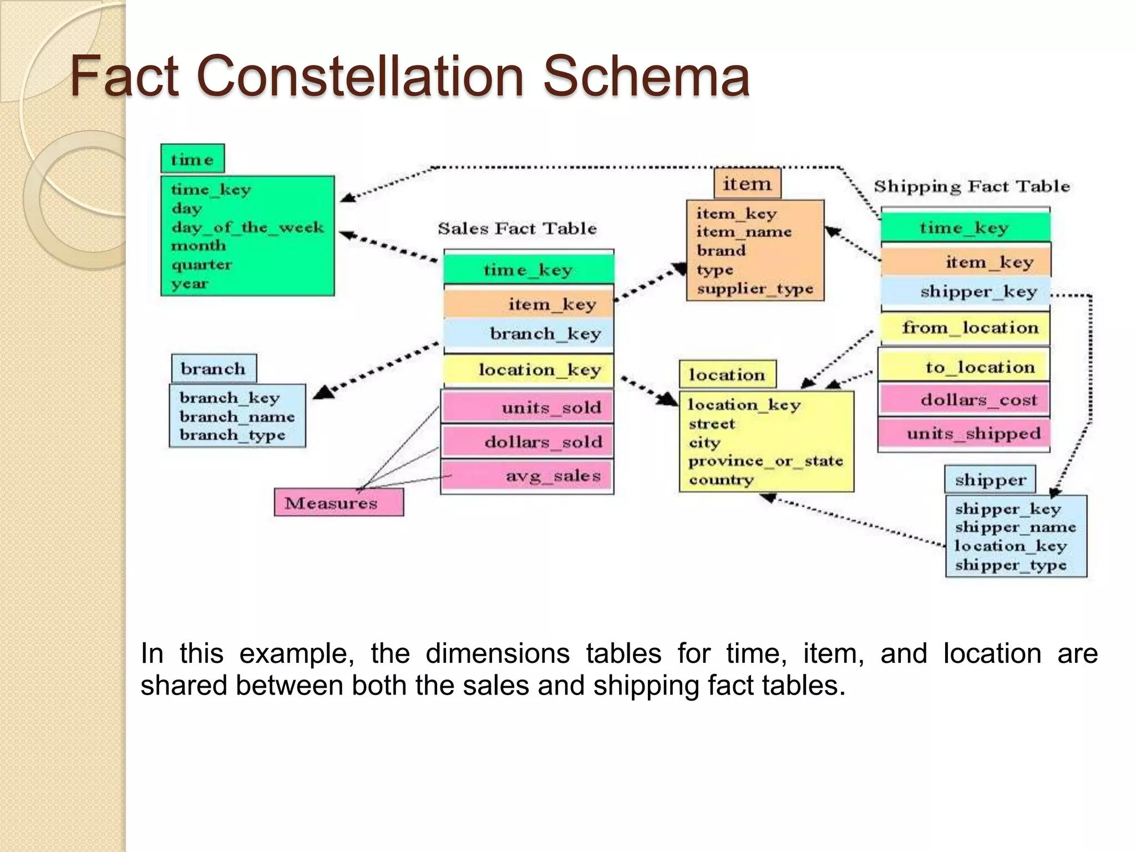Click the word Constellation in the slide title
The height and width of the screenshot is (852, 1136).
361,76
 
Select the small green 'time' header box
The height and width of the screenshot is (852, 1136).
192,159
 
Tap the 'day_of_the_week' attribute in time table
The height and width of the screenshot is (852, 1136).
247,227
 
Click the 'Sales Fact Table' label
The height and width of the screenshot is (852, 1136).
517,229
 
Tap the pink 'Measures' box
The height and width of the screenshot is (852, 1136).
338,503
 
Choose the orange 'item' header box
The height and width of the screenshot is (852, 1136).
747,184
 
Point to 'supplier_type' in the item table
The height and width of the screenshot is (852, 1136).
755,288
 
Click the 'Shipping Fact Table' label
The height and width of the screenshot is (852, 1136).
972,186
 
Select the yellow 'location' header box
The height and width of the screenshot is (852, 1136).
727,375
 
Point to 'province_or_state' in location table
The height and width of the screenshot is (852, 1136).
765,461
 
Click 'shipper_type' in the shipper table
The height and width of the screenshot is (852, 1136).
1011,565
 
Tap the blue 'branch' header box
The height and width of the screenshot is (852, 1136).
214,369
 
